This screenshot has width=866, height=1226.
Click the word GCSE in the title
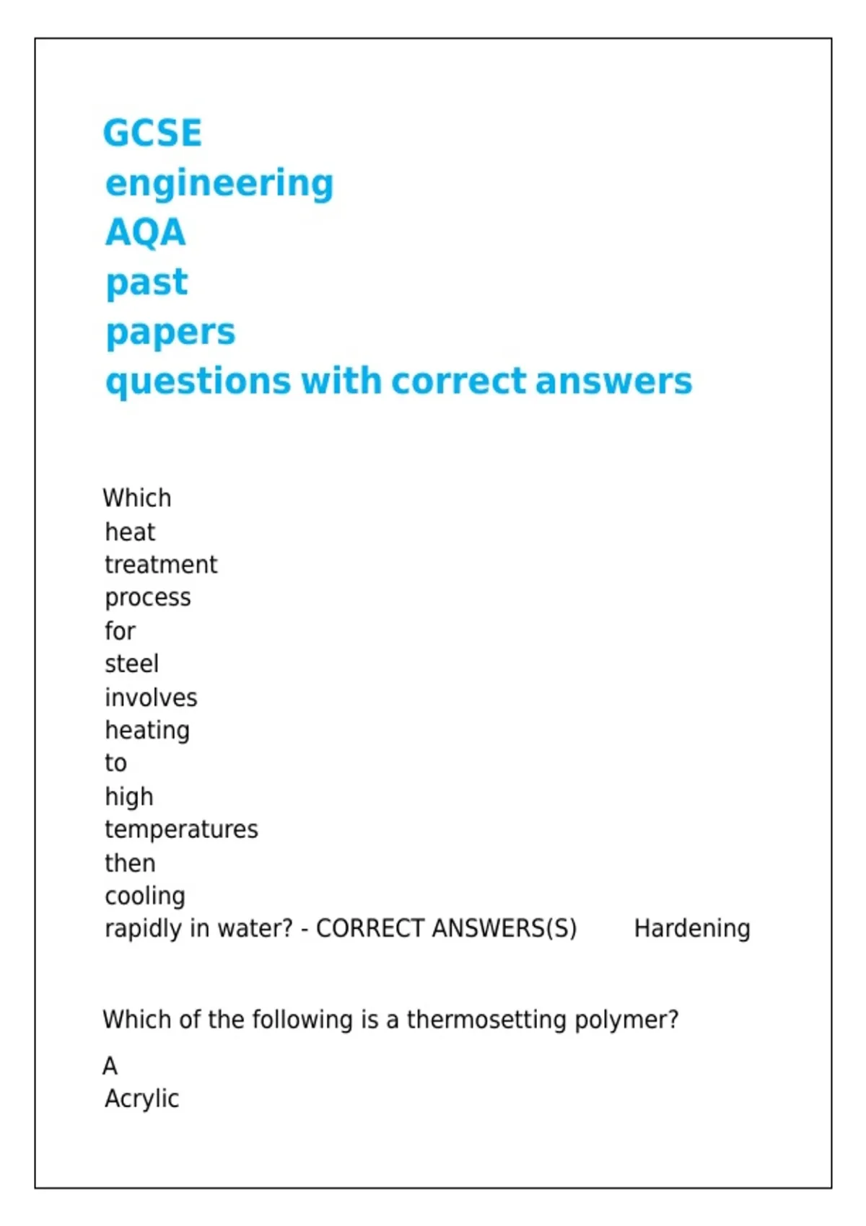pyautogui.click(x=152, y=133)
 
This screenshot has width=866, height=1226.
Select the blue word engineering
pyautogui.click(x=219, y=184)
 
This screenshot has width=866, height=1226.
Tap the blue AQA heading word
pyautogui.click(x=146, y=233)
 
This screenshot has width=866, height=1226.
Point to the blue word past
pyautogui.click(x=146, y=282)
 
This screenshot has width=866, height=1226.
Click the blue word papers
pyautogui.click(x=170, y=332)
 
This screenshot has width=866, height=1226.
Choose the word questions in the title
pyautogui.click(x=198, y=382)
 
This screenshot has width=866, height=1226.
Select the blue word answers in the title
pyautogui.click(x=613, y=382)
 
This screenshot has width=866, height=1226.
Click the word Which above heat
pyautogui.click(x=137, y=498)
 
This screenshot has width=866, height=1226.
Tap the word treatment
pyautogui.click(x=161, y=565)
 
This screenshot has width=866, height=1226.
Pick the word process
pyautogui.click(x=148, y=598)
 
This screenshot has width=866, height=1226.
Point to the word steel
pyautogui.click(x=131, y=664)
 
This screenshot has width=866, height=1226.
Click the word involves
pyautogui.click(x=151, y=697)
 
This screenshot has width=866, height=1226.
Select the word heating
pyautogui.click(x=147, y=731)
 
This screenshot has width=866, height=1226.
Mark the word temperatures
pyautogui.click(x=181, y=829)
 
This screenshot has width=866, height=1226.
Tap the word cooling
pyautogui.click(x=145, y=896)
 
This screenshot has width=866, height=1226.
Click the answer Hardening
pyautogui.click(x=692, y=929)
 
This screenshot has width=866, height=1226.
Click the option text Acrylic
pyautogui.click(x=141, y=1099)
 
